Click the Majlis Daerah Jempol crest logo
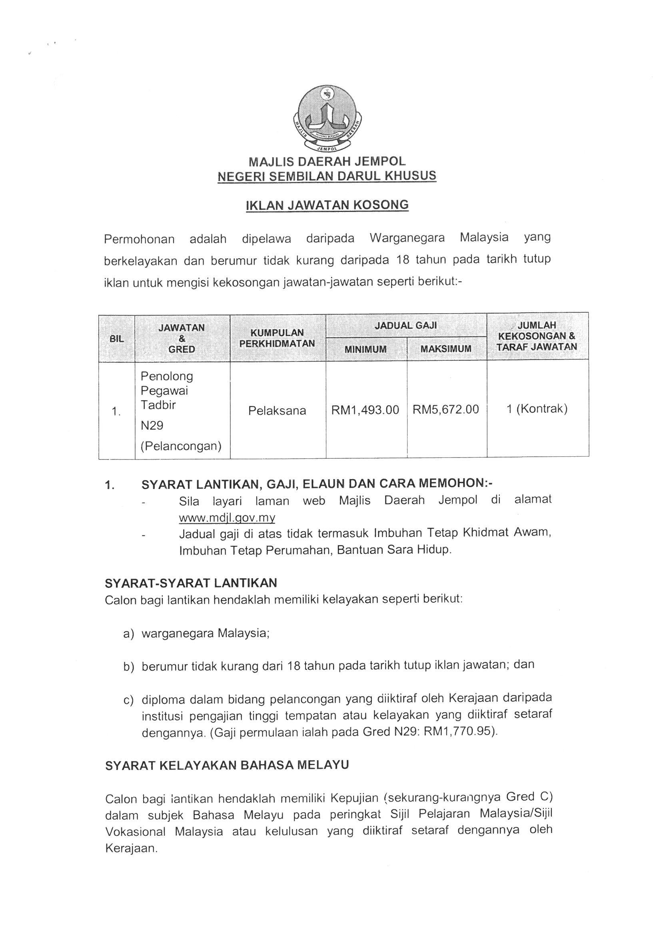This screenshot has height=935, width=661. coord(328,119)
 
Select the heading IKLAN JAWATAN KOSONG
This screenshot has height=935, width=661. coord(327,205)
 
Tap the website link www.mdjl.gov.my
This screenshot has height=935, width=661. coord(227,517)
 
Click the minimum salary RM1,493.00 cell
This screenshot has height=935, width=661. coord(365,410)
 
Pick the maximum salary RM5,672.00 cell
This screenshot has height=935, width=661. coord(445,409)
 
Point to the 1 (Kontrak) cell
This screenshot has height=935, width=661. coord(537,409)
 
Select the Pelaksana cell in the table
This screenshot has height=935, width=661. coord(277,410)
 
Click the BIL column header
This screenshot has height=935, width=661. coord(116,338)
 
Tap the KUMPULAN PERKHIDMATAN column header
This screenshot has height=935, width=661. coord(277,338)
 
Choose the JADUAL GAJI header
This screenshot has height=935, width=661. coord(405,325)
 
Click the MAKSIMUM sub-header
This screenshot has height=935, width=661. coord(445,349)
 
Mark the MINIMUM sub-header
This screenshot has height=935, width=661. coord(365,349)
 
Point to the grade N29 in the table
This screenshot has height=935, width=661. coord(152,426)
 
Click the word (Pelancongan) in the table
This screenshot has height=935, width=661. coord(181,446)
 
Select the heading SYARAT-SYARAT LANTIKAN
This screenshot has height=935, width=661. coord(191,583)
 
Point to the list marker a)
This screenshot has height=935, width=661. coord(128,634)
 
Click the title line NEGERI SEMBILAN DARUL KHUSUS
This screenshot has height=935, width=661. coord(327,176)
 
